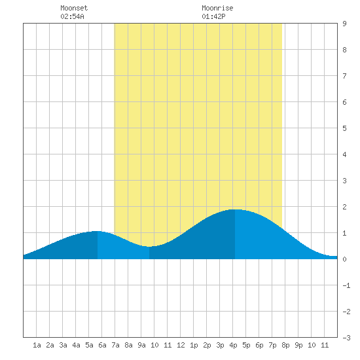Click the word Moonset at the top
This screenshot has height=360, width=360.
tap(74, 8)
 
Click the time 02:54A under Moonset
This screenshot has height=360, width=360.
tap(72, 16)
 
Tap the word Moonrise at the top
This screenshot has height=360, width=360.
tap(217, 8)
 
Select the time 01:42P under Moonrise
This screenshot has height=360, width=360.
tap(213, 16)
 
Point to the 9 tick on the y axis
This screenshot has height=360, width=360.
tap(344, 24)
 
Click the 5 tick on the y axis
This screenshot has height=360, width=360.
tap(344, 128)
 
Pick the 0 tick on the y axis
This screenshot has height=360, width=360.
tap(344, 259)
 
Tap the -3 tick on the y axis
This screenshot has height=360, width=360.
tap(346, 338)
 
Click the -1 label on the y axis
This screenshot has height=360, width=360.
tap(346, 285)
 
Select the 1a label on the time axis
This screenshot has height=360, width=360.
tap(37, 345)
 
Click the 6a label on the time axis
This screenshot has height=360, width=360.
tap(102, 345)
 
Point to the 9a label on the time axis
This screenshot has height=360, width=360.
tap(141, 345)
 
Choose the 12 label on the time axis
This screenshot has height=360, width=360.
tap(181, 345)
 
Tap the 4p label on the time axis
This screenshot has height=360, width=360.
tap(233, 345)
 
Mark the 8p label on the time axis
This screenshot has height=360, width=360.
tap(285, 345)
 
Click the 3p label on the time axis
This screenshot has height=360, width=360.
tap(220, 345)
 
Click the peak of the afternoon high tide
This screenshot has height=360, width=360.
tap(235, 209)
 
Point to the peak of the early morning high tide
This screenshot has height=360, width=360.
tap(98, 231)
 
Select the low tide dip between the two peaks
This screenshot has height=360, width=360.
tap(149, 247)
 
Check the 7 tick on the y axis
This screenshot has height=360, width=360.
tap(344, 76)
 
